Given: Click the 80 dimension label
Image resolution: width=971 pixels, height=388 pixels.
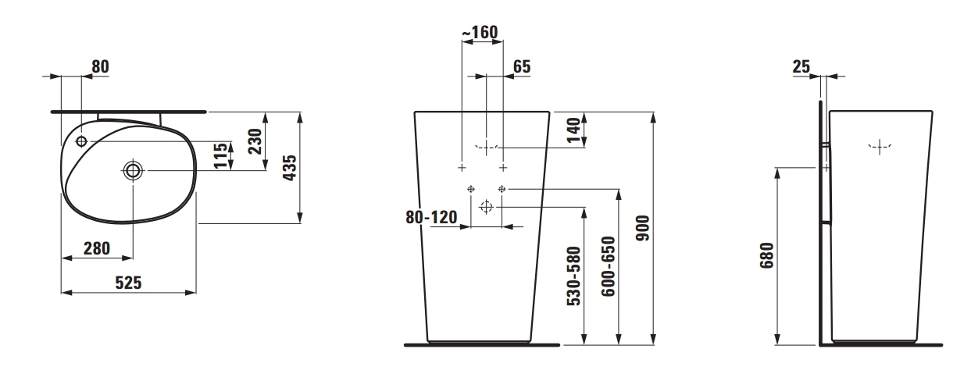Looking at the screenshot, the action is coord(100,66).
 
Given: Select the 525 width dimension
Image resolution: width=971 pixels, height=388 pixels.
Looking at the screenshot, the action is coord(128,283).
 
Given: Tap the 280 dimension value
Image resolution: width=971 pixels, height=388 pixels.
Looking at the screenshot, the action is coord(97,248).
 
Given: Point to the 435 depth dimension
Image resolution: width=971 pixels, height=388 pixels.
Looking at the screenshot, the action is coord(290,168).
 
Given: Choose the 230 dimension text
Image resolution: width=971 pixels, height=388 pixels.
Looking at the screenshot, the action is coord(255,141).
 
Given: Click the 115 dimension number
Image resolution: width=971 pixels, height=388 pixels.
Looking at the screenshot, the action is coord(220,155).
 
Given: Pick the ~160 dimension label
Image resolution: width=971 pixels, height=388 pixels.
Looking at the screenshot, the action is coord(480,32).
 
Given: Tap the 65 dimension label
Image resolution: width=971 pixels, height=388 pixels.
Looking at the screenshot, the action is coord(522,66).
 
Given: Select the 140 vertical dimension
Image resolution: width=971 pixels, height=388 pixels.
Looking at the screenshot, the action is coord(573,130).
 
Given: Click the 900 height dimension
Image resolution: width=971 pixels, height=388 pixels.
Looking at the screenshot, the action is coord(643,228).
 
